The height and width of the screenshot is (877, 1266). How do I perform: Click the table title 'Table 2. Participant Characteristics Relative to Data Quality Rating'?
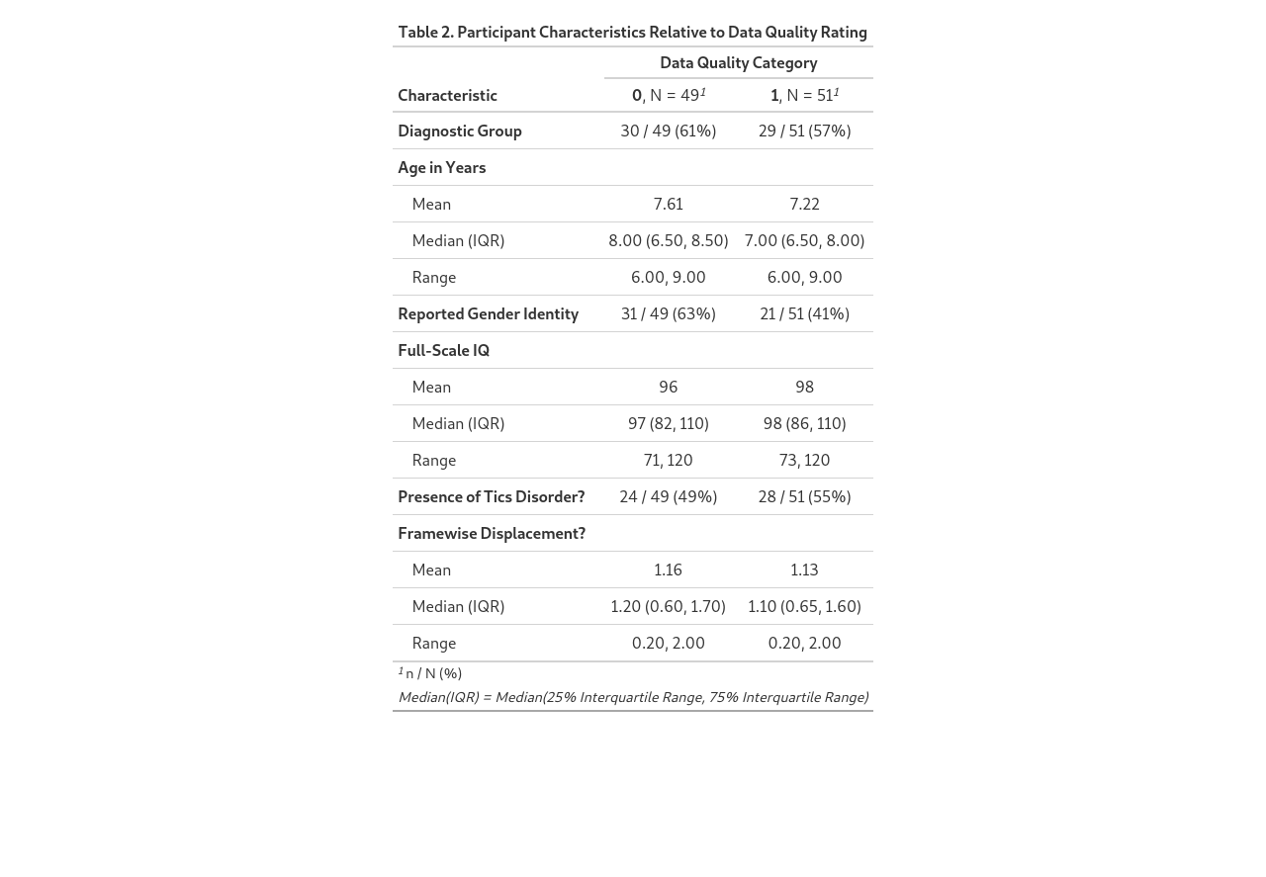tap(632, 32)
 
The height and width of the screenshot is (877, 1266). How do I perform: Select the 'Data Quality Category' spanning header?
tap(738, 62)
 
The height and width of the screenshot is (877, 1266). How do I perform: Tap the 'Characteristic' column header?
tap(447, 95)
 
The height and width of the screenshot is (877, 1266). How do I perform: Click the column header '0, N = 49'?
tap(668, 95)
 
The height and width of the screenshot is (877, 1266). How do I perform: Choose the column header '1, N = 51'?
tap(804, 95)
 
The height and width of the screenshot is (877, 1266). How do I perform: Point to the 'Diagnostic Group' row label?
tap(460, 131)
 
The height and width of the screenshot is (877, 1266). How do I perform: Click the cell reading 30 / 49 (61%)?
tap(668, 131)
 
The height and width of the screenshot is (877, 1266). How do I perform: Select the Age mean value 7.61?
tap(668, 204)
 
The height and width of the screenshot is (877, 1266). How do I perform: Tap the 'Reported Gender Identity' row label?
tap(488, 313)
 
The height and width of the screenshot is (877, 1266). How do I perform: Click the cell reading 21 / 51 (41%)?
tap(804, 313)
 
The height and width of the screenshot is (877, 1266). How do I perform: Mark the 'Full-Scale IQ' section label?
tap(443, 350)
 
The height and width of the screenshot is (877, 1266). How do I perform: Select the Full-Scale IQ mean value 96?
tap(668, 387)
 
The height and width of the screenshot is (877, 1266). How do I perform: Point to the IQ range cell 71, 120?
tap(668, 460)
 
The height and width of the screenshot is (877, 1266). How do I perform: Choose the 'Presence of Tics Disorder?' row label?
tap(491, 496)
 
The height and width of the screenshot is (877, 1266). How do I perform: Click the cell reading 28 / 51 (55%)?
tap(804, 496)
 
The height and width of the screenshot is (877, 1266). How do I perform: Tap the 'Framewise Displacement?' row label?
tap(492, 533)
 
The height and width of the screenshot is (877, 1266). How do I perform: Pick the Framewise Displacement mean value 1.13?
tap(804, 570)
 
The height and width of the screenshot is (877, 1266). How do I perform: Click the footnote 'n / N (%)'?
tap(433, 673)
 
